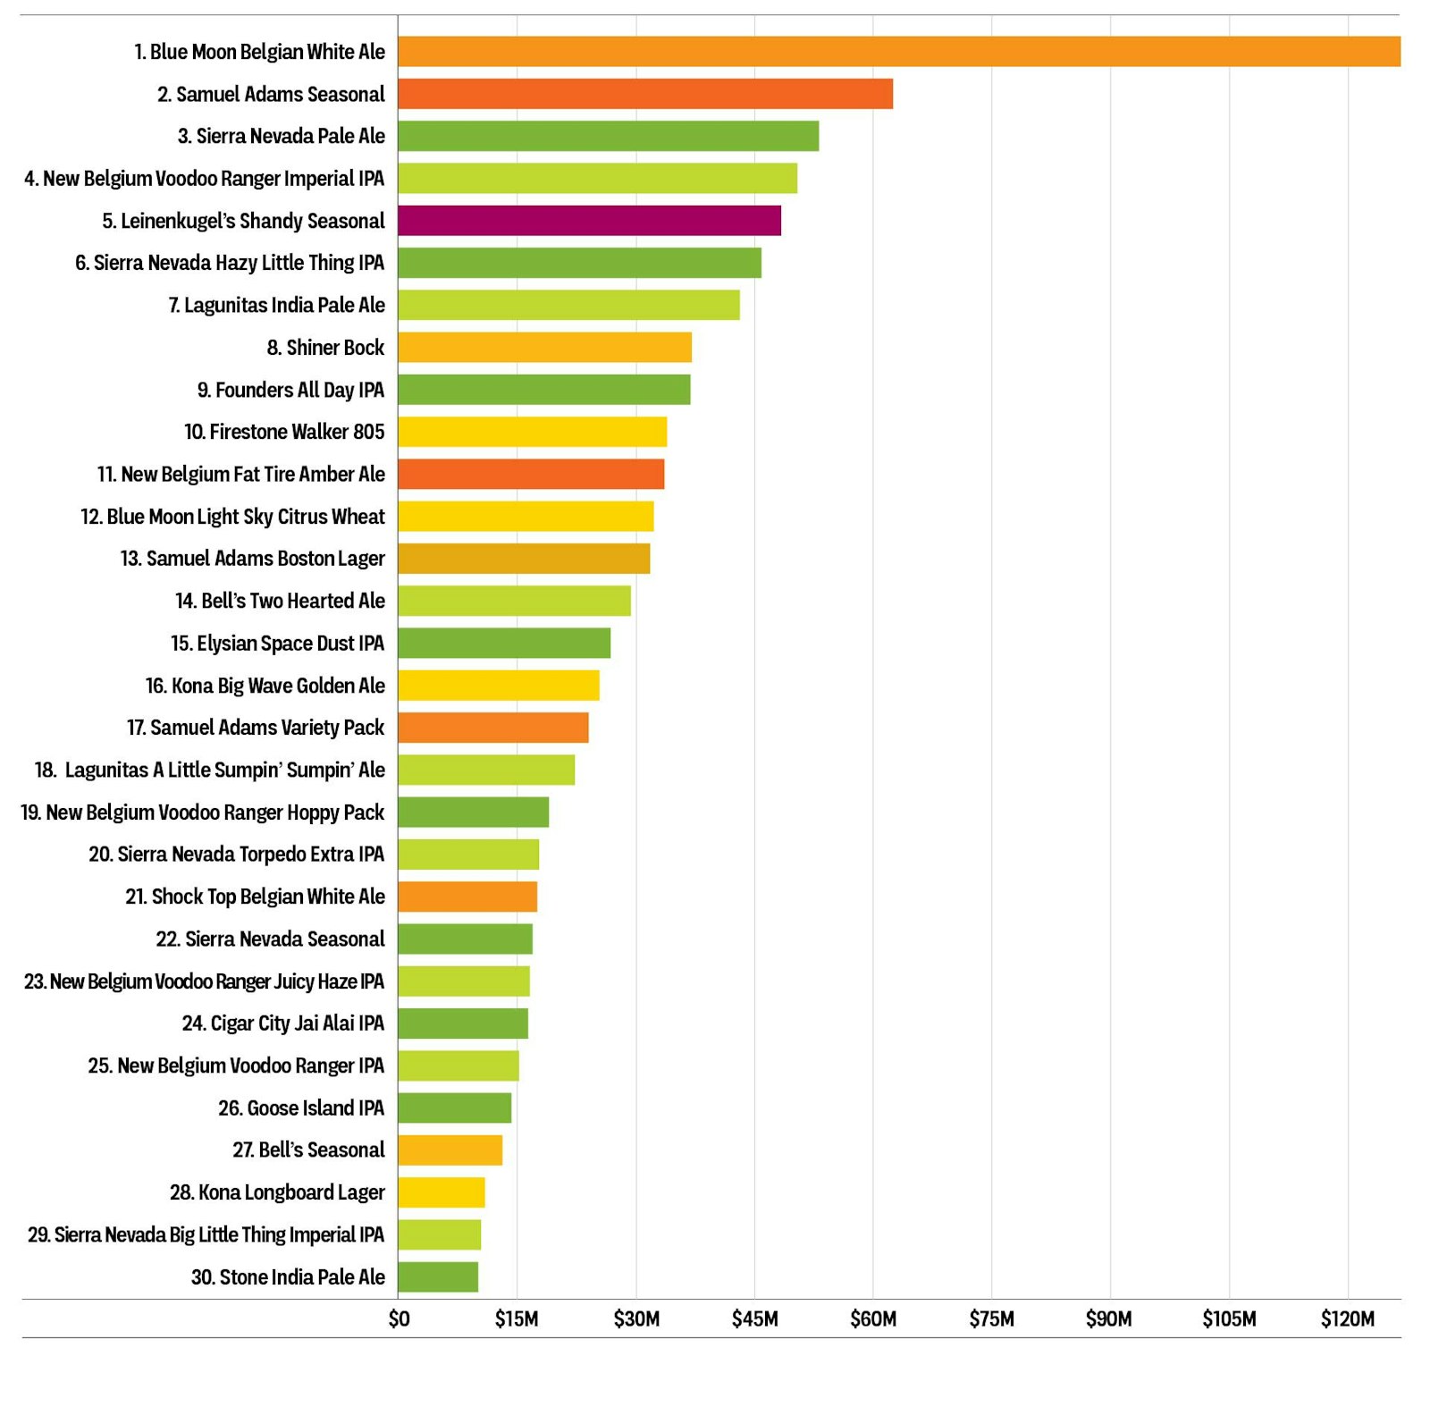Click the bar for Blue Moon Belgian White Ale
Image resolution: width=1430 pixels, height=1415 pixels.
[x=898, y=52]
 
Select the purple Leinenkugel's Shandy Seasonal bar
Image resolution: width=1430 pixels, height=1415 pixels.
[x=589, y=221]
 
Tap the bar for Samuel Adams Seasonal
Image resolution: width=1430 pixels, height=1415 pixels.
[x=645, y=94]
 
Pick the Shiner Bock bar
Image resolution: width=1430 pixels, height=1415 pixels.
[x=544, y=348]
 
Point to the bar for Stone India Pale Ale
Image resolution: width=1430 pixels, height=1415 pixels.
[x=438, y=1277]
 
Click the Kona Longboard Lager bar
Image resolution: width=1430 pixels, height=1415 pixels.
[x=442, y=1192]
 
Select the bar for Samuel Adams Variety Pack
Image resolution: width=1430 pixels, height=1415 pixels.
[x=493, y=728]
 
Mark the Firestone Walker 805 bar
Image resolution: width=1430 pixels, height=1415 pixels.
[x=532, y=432]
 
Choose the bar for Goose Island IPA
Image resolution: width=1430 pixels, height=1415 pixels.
[x=454, y=1108]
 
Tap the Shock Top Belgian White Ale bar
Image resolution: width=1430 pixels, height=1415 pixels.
[x=467, y=897]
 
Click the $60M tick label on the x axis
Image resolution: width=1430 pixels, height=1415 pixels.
[x=873, y=1319]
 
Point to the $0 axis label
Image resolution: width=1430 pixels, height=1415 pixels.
[x=399, y=1319]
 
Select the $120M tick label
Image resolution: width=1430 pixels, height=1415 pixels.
[x=1348, y=1319]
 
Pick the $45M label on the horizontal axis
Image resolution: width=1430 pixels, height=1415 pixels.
[x=754, y=1319]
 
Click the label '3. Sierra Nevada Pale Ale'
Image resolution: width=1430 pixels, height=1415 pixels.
[x=282, y=137]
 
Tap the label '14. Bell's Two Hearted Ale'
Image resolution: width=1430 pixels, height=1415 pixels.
[x=280, y=602]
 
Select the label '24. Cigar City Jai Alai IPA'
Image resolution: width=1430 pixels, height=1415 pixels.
[x=283, y=1023]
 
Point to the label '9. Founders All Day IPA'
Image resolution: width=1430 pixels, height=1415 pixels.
[x=290, y=391]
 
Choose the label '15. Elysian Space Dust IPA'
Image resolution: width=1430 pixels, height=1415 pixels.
[x=277, y=644]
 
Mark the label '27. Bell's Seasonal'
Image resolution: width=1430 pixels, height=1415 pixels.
[x=308, y=1150]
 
